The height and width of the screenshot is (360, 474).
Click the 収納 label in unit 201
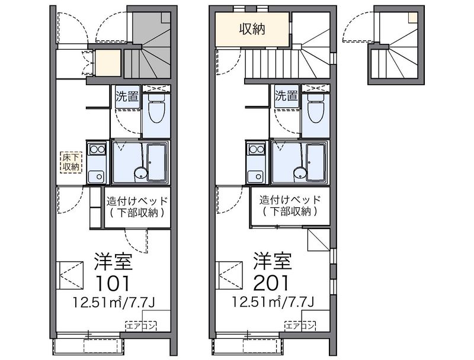(x=252, y=28)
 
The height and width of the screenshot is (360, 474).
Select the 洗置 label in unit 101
(x=127, y=96)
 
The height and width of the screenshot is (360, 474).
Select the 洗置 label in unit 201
(x=286, y=96)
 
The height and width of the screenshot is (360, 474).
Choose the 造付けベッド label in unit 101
(x=137, y=200)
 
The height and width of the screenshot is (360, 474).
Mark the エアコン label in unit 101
(x=141, y=325)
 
